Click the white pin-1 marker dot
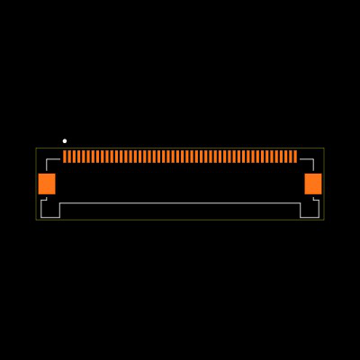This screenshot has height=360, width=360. click(x=65, y=140)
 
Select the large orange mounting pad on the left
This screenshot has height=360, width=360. click(x=47, y=184)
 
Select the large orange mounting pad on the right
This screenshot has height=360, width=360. click(x=313, y=184)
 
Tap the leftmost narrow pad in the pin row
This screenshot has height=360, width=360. click(x=65, y=157)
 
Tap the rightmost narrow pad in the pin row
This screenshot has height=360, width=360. click(x=295, y=157)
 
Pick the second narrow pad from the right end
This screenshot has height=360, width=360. click(x=291, y=157)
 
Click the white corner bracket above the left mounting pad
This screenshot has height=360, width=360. click(x=49, y=161)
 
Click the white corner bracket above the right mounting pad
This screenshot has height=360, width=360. click(x=311, y=161)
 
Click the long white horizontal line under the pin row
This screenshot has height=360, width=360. click(x=180, y=203)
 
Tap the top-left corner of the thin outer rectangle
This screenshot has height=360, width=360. click(x=36, y=148)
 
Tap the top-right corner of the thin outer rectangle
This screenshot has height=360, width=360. click(x=324, y=148)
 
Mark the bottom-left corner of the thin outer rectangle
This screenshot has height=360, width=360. click(x=36, y=220)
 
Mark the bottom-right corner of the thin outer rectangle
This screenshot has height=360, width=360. click(x=324, y=220)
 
